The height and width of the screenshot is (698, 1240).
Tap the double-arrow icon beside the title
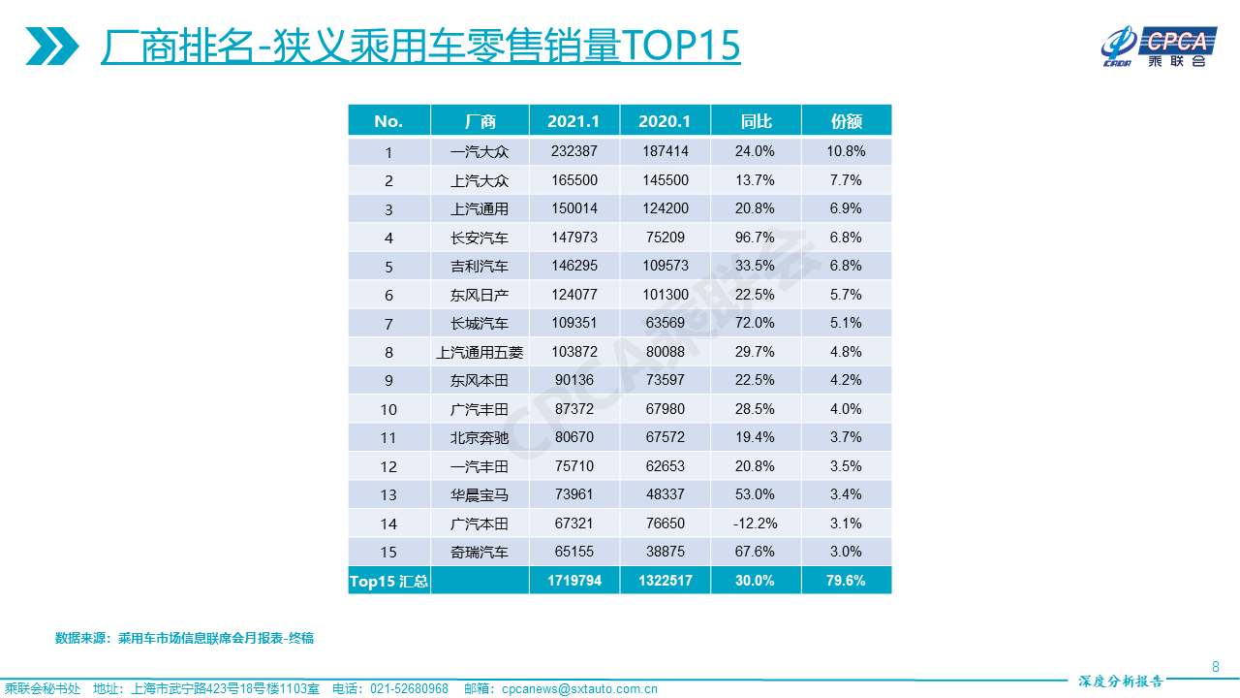(52, 46)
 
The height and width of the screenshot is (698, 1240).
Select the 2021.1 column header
(573, 121)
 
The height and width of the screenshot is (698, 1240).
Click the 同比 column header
(756, 121)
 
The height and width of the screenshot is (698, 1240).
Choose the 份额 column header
(846, 121)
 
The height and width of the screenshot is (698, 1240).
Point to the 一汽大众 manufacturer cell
(480, 152)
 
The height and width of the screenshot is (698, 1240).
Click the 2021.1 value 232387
(573, 152)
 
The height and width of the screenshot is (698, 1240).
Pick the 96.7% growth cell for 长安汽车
(756, 238)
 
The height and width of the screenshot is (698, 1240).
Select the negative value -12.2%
(756, 523)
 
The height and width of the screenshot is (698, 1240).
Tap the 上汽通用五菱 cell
(480, 352)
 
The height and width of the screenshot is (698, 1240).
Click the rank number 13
(388, 494)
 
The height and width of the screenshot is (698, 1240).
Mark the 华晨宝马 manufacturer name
(480, 494)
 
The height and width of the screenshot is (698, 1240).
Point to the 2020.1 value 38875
(665, 552)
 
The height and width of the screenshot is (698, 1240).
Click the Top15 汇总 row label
(388, 581)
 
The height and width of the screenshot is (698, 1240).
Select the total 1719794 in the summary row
(573, 581)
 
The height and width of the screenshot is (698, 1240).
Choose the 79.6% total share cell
(846, 581)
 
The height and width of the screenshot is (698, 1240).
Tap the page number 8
(1216, 667)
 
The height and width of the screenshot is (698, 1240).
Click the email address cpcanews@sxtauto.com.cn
(579, 689)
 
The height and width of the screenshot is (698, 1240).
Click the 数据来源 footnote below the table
(184, 638)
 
